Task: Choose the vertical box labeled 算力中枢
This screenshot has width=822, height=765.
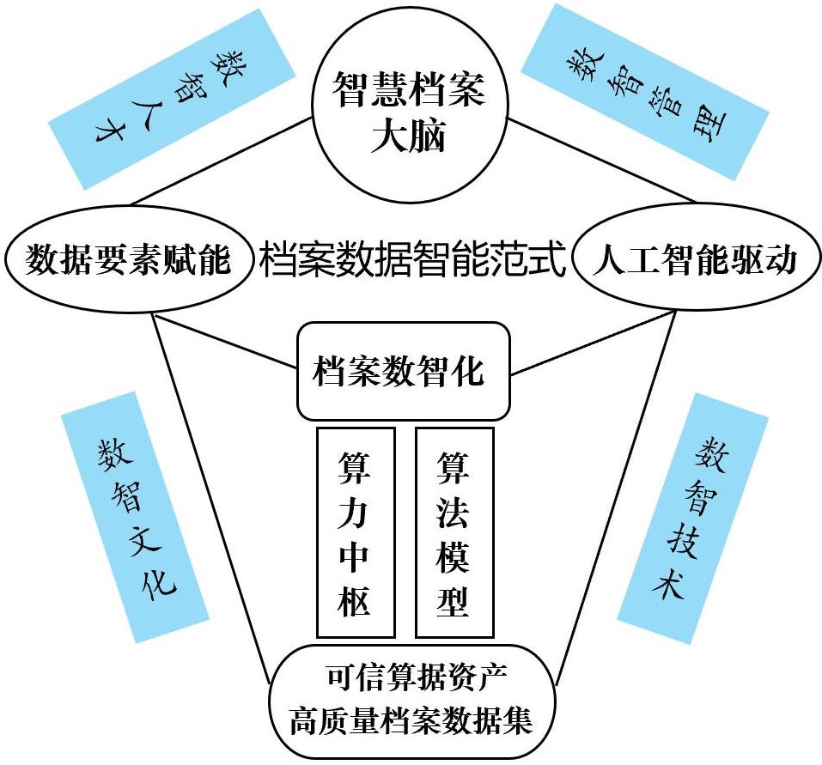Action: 356,532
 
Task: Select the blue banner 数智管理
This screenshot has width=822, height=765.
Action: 644,90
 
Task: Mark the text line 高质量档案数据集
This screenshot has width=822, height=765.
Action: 411,718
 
